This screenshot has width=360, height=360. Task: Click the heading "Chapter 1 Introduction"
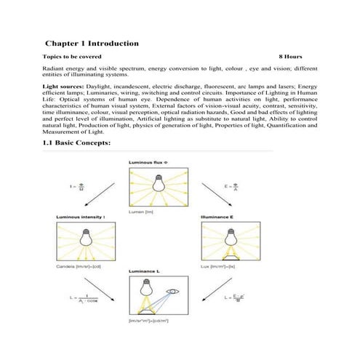click(x=91, y=44)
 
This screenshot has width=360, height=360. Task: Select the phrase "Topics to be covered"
click(x=72, y=56)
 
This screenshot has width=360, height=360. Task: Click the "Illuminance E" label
click(x=219, y=217)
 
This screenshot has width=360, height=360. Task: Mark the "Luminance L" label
click(x=147, y=271)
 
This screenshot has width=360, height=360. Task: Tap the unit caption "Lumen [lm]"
click(x=143, y=211)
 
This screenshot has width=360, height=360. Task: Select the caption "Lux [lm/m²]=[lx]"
click(x=222, y=267)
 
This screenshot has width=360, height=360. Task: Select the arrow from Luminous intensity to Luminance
click(x=102, y=297)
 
